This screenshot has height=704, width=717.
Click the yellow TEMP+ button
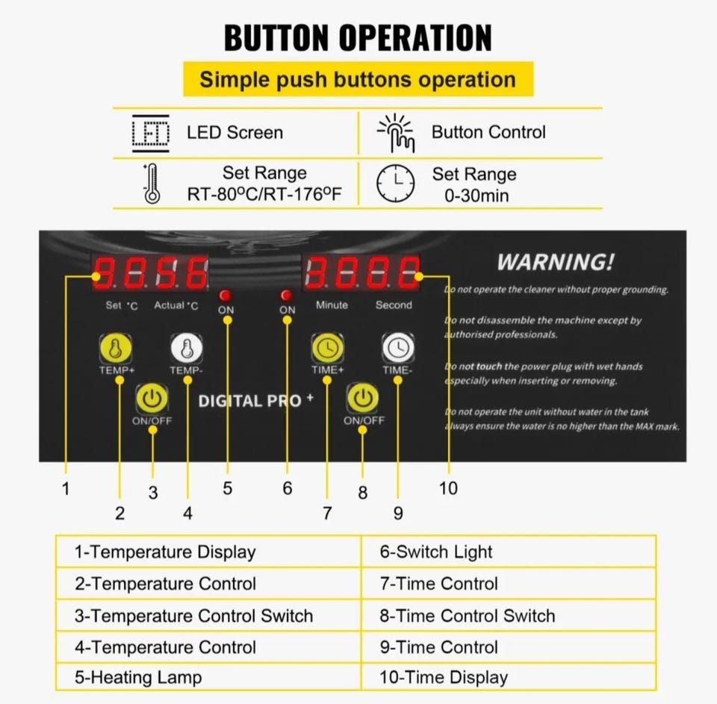(x=116, y=349)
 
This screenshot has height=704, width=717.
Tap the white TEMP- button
(x=187, y=349)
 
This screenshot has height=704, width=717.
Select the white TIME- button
(x=398, y=348)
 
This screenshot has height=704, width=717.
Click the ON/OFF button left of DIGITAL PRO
(x=152, y=399)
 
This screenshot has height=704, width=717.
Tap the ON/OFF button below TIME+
(x=363, y=398)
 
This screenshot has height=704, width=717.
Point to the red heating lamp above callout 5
(x=225, y=295)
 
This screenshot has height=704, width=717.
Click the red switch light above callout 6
(x=287, y=295)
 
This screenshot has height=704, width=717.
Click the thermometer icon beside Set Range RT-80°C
(x=152, y=184)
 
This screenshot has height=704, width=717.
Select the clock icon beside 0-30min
(x=396, y=184)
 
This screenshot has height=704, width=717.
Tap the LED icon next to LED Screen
(x=150, y=133)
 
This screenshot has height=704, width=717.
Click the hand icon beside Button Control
(x=396, y=133)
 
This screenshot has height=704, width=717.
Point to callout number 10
(x=448, y=488)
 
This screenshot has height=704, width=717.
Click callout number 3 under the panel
(x=153, y=493)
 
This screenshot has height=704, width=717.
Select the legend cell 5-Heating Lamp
(x=208, y=677)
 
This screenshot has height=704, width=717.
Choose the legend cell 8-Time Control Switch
(x=509, y=616)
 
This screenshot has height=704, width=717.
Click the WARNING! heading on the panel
(x=555, y=262)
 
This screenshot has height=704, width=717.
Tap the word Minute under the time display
(x=332, y=305)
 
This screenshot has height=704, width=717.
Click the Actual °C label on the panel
(x=176, y=305)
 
